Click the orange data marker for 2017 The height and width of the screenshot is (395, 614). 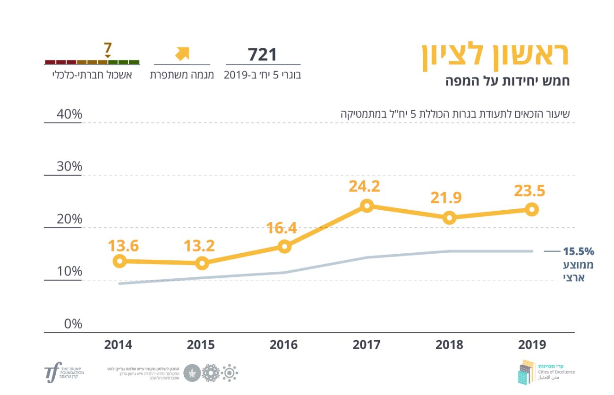367,206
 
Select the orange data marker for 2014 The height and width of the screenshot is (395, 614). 120,261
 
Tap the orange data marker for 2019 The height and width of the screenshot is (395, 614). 532,209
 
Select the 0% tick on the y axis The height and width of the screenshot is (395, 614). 73,324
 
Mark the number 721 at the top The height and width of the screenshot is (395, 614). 263,54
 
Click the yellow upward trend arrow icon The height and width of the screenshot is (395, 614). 182,54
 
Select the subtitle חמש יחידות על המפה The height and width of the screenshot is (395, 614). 508,81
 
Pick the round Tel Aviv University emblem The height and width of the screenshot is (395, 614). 192,373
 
